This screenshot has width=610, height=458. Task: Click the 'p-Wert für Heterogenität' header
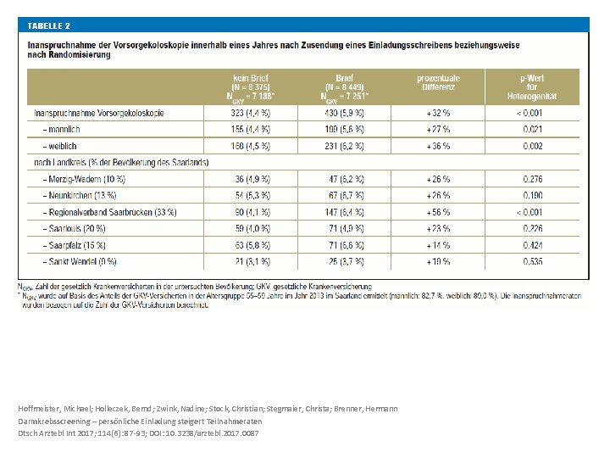tap(531, 86)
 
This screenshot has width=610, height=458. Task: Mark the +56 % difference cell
tap(439, 212)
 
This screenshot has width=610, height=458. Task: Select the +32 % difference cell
tap(439, 112)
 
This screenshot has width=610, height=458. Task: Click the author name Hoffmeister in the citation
tap(39, 409)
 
